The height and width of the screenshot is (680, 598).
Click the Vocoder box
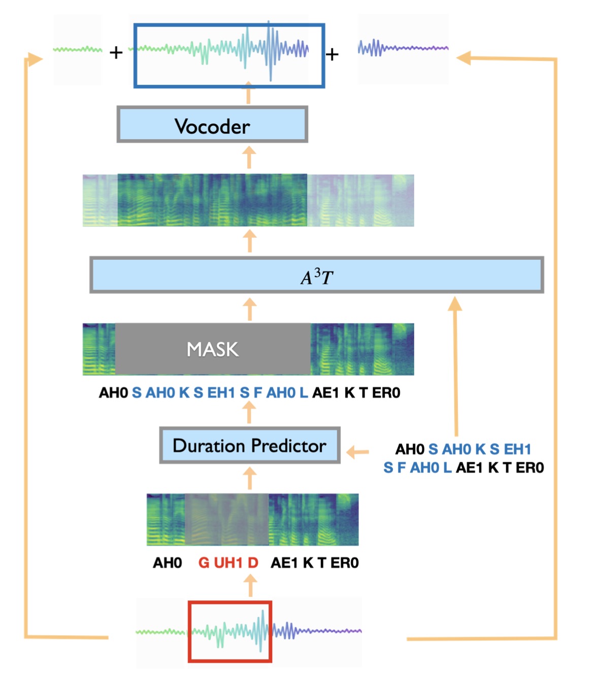(212, 124)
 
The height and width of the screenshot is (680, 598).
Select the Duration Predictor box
(250, 446)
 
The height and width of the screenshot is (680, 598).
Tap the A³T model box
(317, 275)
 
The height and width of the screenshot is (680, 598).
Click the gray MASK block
(213, 349)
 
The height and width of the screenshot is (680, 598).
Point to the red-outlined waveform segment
(230, 632)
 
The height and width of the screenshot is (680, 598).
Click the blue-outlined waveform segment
(229, 55)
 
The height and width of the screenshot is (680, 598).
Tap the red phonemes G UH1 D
(228, 563)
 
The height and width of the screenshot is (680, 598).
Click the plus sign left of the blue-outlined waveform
(116, 52)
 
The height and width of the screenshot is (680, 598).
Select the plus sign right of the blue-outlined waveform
(331, 54)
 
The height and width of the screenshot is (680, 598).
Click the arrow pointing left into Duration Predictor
(358, 452)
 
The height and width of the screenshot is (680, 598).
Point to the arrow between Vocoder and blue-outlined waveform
(248, 93)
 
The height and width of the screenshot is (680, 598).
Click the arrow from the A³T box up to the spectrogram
(249, 241)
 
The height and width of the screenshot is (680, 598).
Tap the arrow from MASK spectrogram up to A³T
(249, 309)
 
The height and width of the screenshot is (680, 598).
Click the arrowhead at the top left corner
(34, 59)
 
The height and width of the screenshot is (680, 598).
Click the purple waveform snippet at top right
(403, 48)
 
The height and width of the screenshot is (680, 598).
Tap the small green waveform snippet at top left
(78, 49)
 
